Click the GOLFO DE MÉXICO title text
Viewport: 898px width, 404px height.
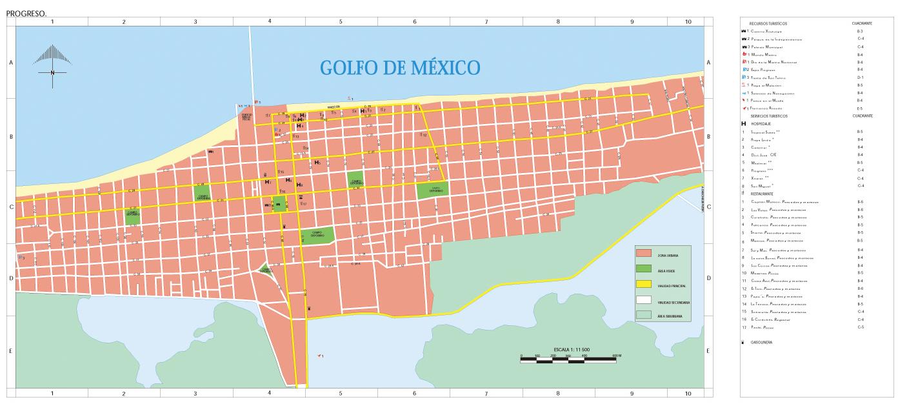pyautogui.click(x=400, y=67)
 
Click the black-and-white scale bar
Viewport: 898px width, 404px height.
pyautogui.click(x=571, y=358)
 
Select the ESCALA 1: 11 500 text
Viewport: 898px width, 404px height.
pyautogui.click(x=570, y=349)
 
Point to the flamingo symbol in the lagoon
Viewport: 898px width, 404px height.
pyautogui.click(x=319, y=356)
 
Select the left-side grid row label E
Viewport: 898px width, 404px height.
pyautogui.click(x=10, y=351)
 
